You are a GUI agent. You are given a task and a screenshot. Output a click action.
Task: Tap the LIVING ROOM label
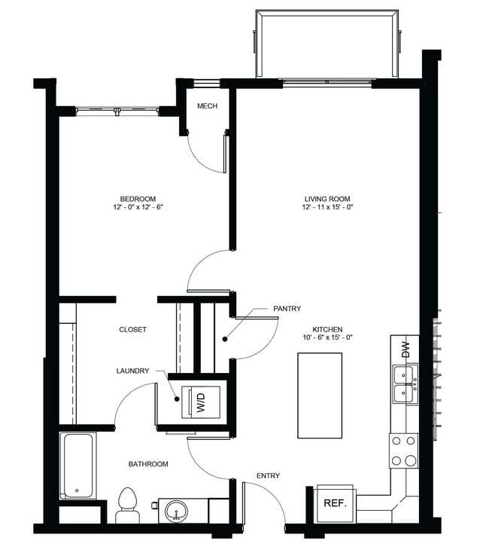(327, 199)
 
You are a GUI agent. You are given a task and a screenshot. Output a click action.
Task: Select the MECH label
(207, 106)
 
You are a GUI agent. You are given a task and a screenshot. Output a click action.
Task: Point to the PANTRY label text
(287, 308)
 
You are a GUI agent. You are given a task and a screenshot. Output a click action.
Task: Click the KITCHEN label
(328, 330)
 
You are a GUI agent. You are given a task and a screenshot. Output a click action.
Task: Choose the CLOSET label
(132, 329)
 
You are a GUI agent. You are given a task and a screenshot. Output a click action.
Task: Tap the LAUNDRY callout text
(132, 371)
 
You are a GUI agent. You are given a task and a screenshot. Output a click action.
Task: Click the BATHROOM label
(147, 464)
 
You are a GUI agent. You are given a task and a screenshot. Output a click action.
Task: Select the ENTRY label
(268, 475)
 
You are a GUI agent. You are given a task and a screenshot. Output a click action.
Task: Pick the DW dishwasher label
(405, 349)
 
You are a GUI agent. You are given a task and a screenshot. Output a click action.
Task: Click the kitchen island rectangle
(320, 395)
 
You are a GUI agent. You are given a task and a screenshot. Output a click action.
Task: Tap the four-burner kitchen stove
(404, 451)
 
